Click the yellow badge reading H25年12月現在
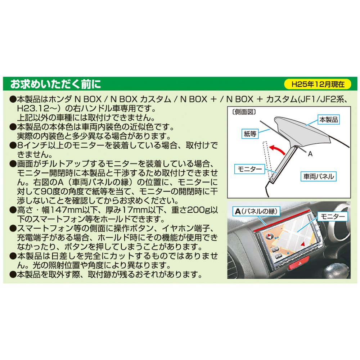318,84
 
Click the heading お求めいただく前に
55,84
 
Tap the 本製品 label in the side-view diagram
329,120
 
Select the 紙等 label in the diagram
250,134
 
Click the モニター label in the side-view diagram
249,169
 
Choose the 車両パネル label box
319,176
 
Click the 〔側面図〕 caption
244,112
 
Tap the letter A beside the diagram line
310,154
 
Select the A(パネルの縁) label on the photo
256,211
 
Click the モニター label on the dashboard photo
332,216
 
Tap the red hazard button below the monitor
299,264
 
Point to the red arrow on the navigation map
303,244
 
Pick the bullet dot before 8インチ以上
13,145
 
